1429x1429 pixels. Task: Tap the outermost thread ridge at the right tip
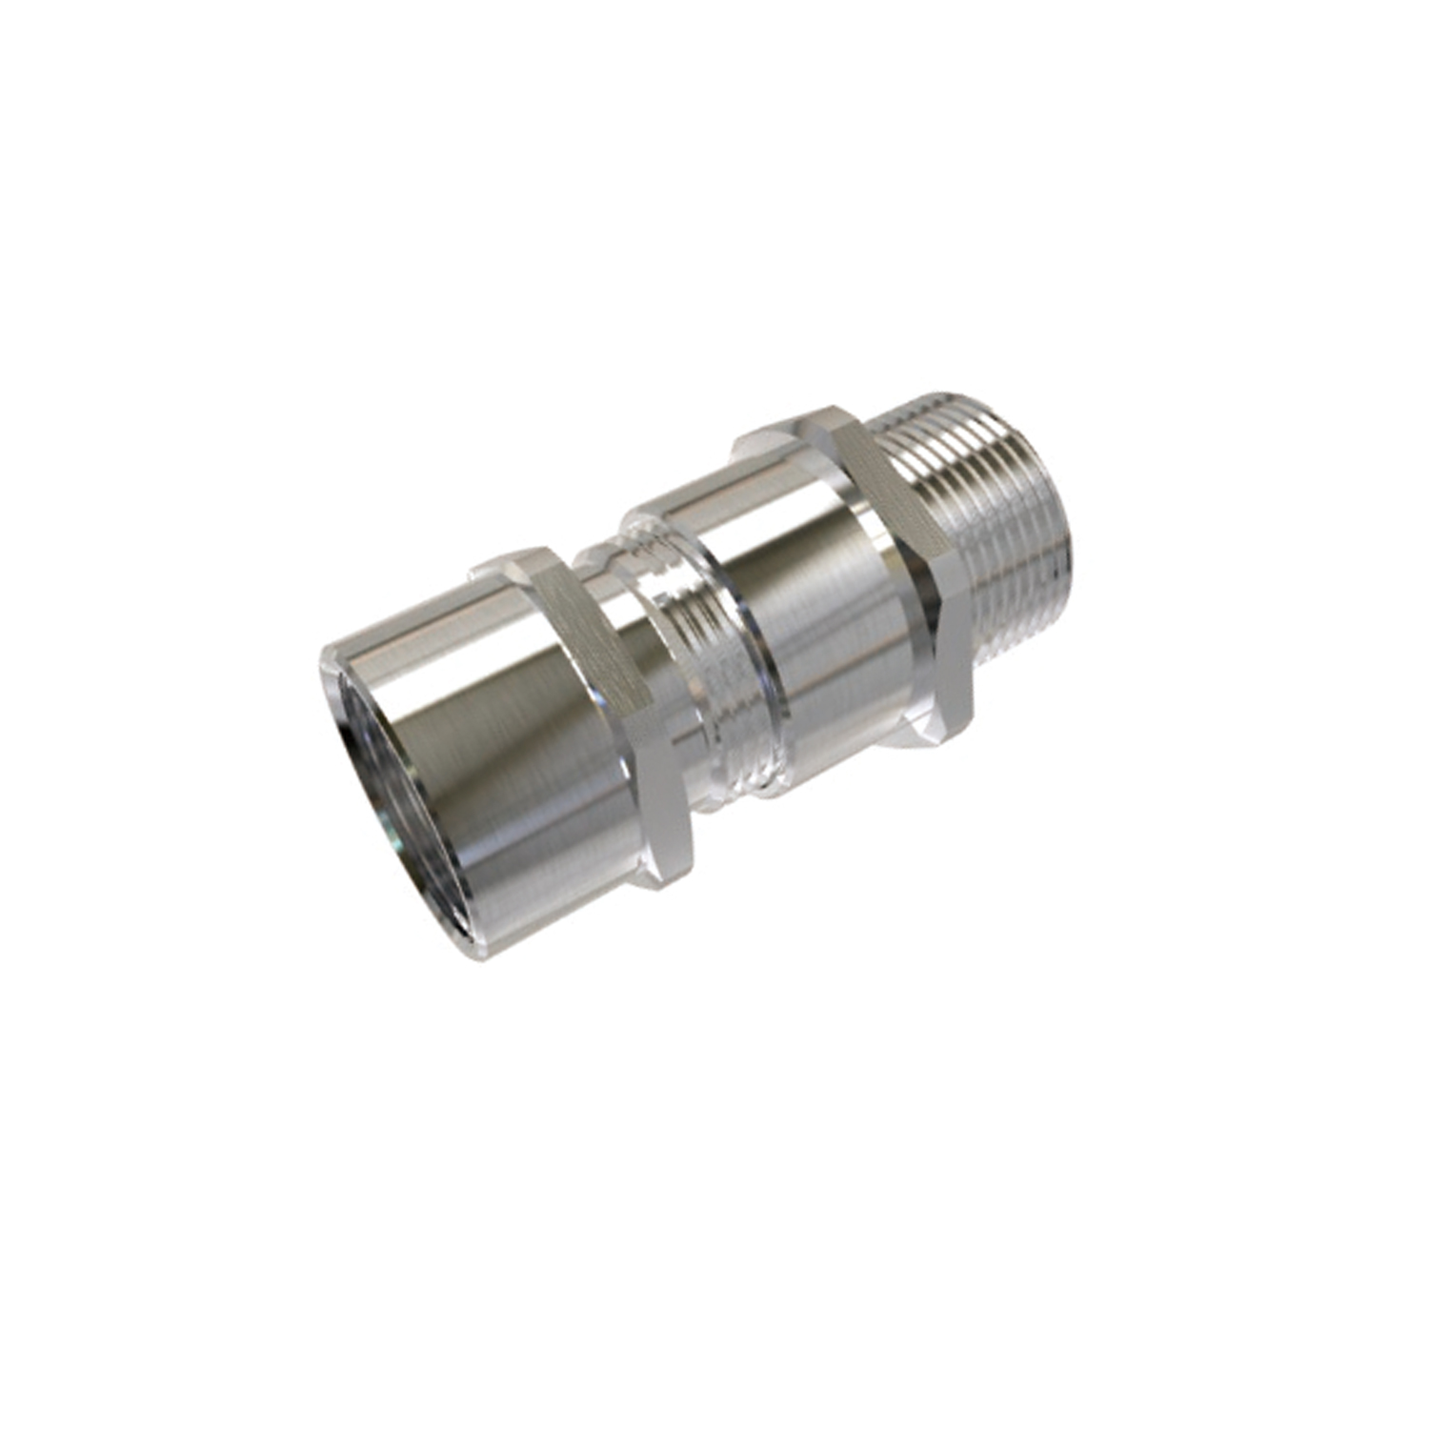[1067, 543]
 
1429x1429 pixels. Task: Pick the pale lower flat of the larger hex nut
[943, 667]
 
